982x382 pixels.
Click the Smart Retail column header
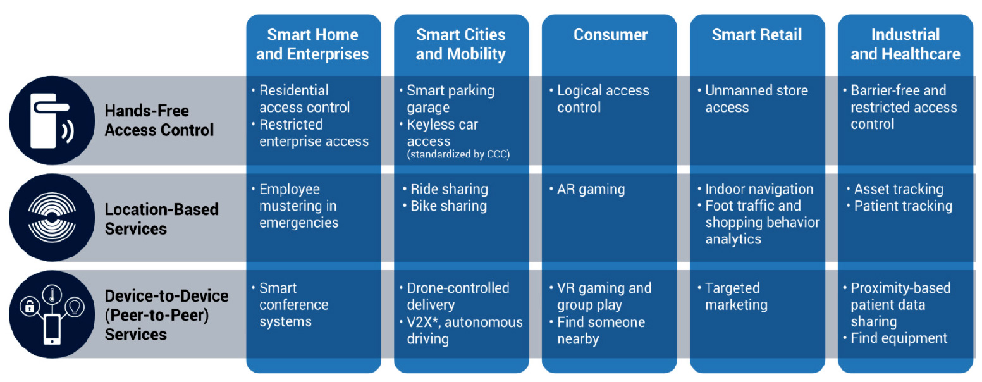point(757,35)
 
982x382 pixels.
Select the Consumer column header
point(610,35)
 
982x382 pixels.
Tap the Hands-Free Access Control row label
point(159,120)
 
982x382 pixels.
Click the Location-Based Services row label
point(161,219)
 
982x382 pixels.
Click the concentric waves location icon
point(52,218)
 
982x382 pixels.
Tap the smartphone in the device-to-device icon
point(52,330)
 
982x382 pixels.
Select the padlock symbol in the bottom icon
point(29,306)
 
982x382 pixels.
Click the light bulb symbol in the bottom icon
point(75,305)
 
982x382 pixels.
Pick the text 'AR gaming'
point(591,189)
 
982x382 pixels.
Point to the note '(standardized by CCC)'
point(458,154)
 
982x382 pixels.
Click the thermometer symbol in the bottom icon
point(52,294)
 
